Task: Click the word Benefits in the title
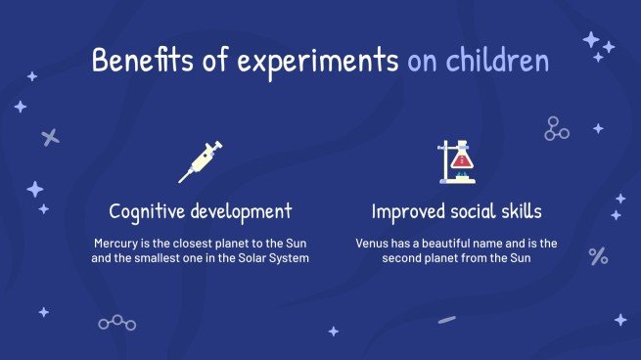click(139, 62)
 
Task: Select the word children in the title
click(496, 62)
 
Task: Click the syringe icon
click(200, 160)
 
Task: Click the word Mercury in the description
click(116, 242)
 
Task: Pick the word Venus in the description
click(374, 242)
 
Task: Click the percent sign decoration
click(598, 256)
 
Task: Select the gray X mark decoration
click(51, 138)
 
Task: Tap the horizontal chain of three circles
click(116, 322)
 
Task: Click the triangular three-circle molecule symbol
click(556, 128)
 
